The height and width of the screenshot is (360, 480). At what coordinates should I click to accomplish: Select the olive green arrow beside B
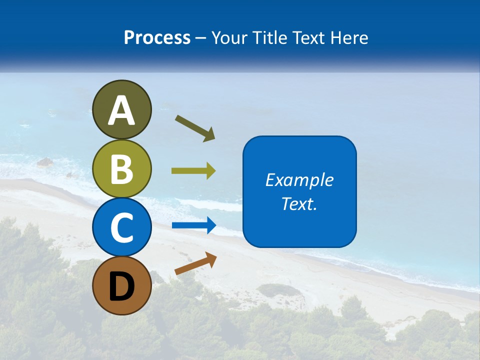click(x=193, y=171)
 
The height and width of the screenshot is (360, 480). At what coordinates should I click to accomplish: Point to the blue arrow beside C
click(x=194, y=225)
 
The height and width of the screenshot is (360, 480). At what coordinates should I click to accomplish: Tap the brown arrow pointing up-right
click(x=195, y=263)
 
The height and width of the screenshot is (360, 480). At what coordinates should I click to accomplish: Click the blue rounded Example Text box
click(x=299, y=192)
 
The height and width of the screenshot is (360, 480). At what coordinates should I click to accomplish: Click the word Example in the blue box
click(x=299, y=180)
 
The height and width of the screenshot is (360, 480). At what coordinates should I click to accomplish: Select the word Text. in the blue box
click(x=299, y=203)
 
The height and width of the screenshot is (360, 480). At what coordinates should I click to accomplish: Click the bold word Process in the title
click(x=157, y=37)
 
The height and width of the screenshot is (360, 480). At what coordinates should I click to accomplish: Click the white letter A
click(x=122, y=110)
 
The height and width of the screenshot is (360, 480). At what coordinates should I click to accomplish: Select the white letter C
click(x=122, y=228)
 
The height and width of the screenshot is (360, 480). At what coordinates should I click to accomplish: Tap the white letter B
click(x=122, y=169)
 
